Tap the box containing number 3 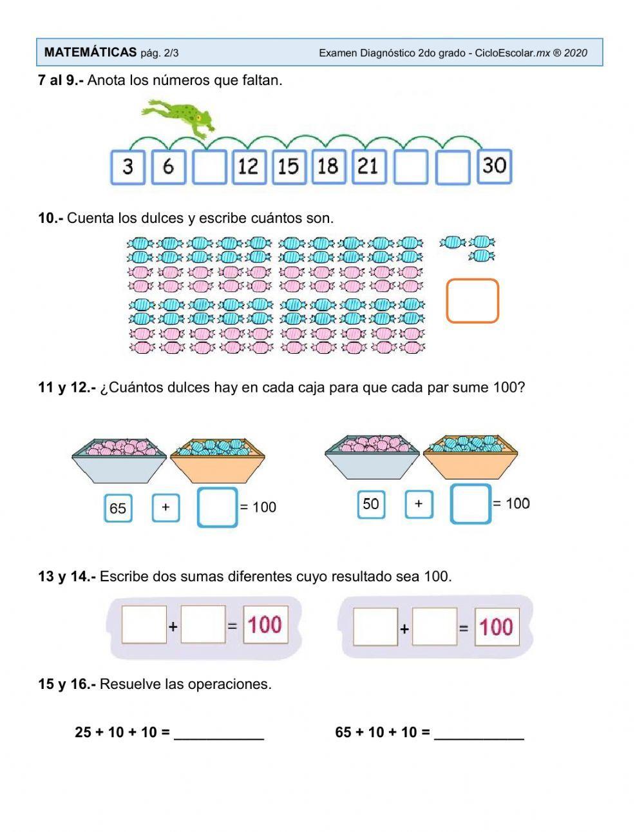pos(128,167)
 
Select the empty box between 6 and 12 pos(209,167)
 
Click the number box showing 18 pos(328,167)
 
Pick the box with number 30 pos(495,166)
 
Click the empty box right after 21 pos(410,167)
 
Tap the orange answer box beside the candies pos(472,300)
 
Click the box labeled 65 pos(118,508)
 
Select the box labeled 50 pos(371,504)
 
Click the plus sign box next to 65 pos(166,507)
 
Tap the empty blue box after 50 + pos(470,504)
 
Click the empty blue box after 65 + pos(217,507)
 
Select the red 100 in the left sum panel pos(265,624)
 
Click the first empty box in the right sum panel pos(375,626)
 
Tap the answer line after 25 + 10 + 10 pos(219,733)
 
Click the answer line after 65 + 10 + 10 pos(479,733)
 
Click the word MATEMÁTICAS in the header pos(90,53)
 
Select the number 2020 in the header pos(575,53)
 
